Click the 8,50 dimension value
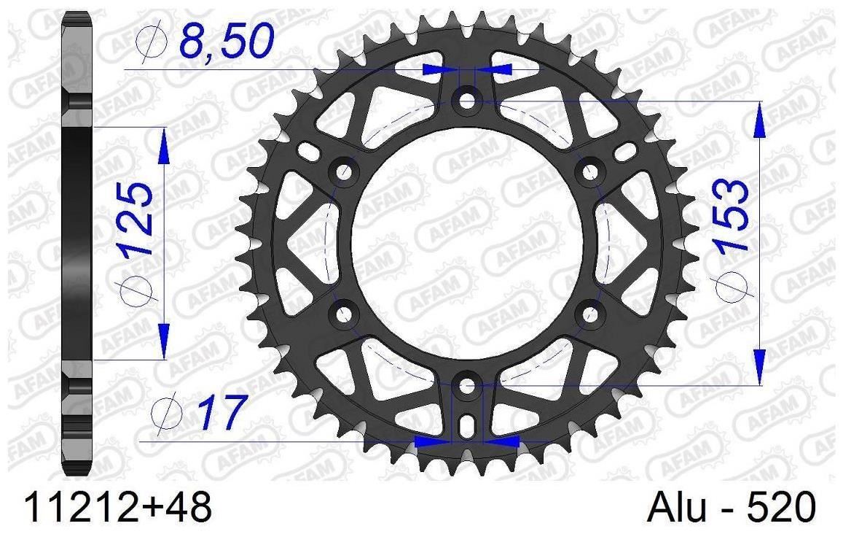(x=227, y=42)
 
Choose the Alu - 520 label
(x=733, y=507)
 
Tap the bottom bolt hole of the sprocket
(x=466, y=385)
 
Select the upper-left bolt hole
(x=344, y=171)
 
